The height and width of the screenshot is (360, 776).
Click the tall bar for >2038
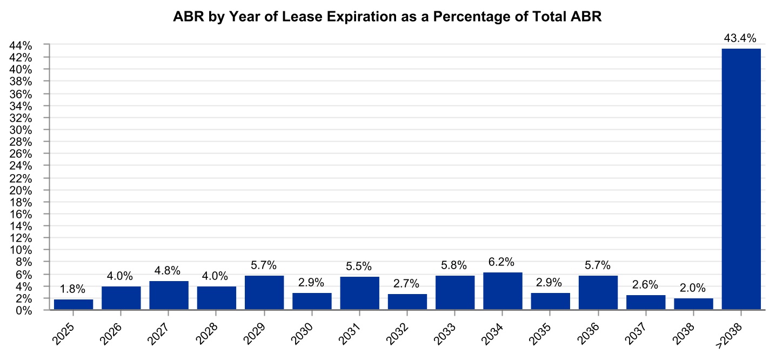pos(741,178)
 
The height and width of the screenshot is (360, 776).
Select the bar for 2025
pos(73,305)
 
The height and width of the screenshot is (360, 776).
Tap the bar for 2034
pos(503,291)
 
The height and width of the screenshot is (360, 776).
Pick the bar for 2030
pos(312,302)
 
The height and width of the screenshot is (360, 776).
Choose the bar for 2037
pos(646,303)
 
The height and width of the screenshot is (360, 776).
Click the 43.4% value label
pos(741,38)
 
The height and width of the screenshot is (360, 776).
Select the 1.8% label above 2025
pos(73,289)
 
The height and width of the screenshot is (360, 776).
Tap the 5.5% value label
pos(359,266)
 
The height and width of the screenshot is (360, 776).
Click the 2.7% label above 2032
pos(407,283)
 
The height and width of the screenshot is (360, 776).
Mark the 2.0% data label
pos(693,288)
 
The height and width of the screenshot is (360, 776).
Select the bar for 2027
pos(169,296)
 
